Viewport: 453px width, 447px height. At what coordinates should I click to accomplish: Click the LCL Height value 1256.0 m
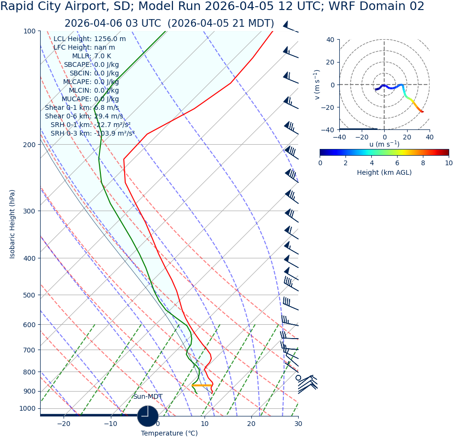(x=110, y=39)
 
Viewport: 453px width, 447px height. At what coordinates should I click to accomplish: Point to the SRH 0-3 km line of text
(x=92, y=134)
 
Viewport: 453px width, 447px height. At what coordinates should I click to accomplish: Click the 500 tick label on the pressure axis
(x=29, y=295)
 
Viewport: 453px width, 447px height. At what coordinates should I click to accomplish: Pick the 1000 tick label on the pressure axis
(x=27, y=409)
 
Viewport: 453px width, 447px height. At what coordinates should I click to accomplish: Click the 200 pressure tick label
(x=29, y=145)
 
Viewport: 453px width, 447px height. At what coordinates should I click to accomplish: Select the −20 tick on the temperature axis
(x=63, y=424)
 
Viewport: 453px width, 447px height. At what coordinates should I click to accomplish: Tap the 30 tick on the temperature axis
(x=298, y=424)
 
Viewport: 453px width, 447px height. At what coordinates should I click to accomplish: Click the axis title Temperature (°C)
(x=169, y=434)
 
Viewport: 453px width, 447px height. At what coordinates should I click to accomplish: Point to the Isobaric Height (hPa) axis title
(x=12, y=224)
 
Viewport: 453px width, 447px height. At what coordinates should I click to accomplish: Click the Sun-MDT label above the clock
(x=148, y=397)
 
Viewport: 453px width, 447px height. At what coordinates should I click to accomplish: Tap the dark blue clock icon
(x=148, y=416)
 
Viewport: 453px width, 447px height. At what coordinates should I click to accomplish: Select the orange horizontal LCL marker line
(x=202, y=385)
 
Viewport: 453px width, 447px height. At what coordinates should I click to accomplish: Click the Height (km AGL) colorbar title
(x=384, y=173)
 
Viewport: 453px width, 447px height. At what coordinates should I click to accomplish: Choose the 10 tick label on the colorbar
(x=449, y=163)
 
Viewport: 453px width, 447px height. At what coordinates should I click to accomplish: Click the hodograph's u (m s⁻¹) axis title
(x=384, y=144)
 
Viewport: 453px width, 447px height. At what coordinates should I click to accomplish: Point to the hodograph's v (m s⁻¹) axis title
(x=317, y=85)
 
